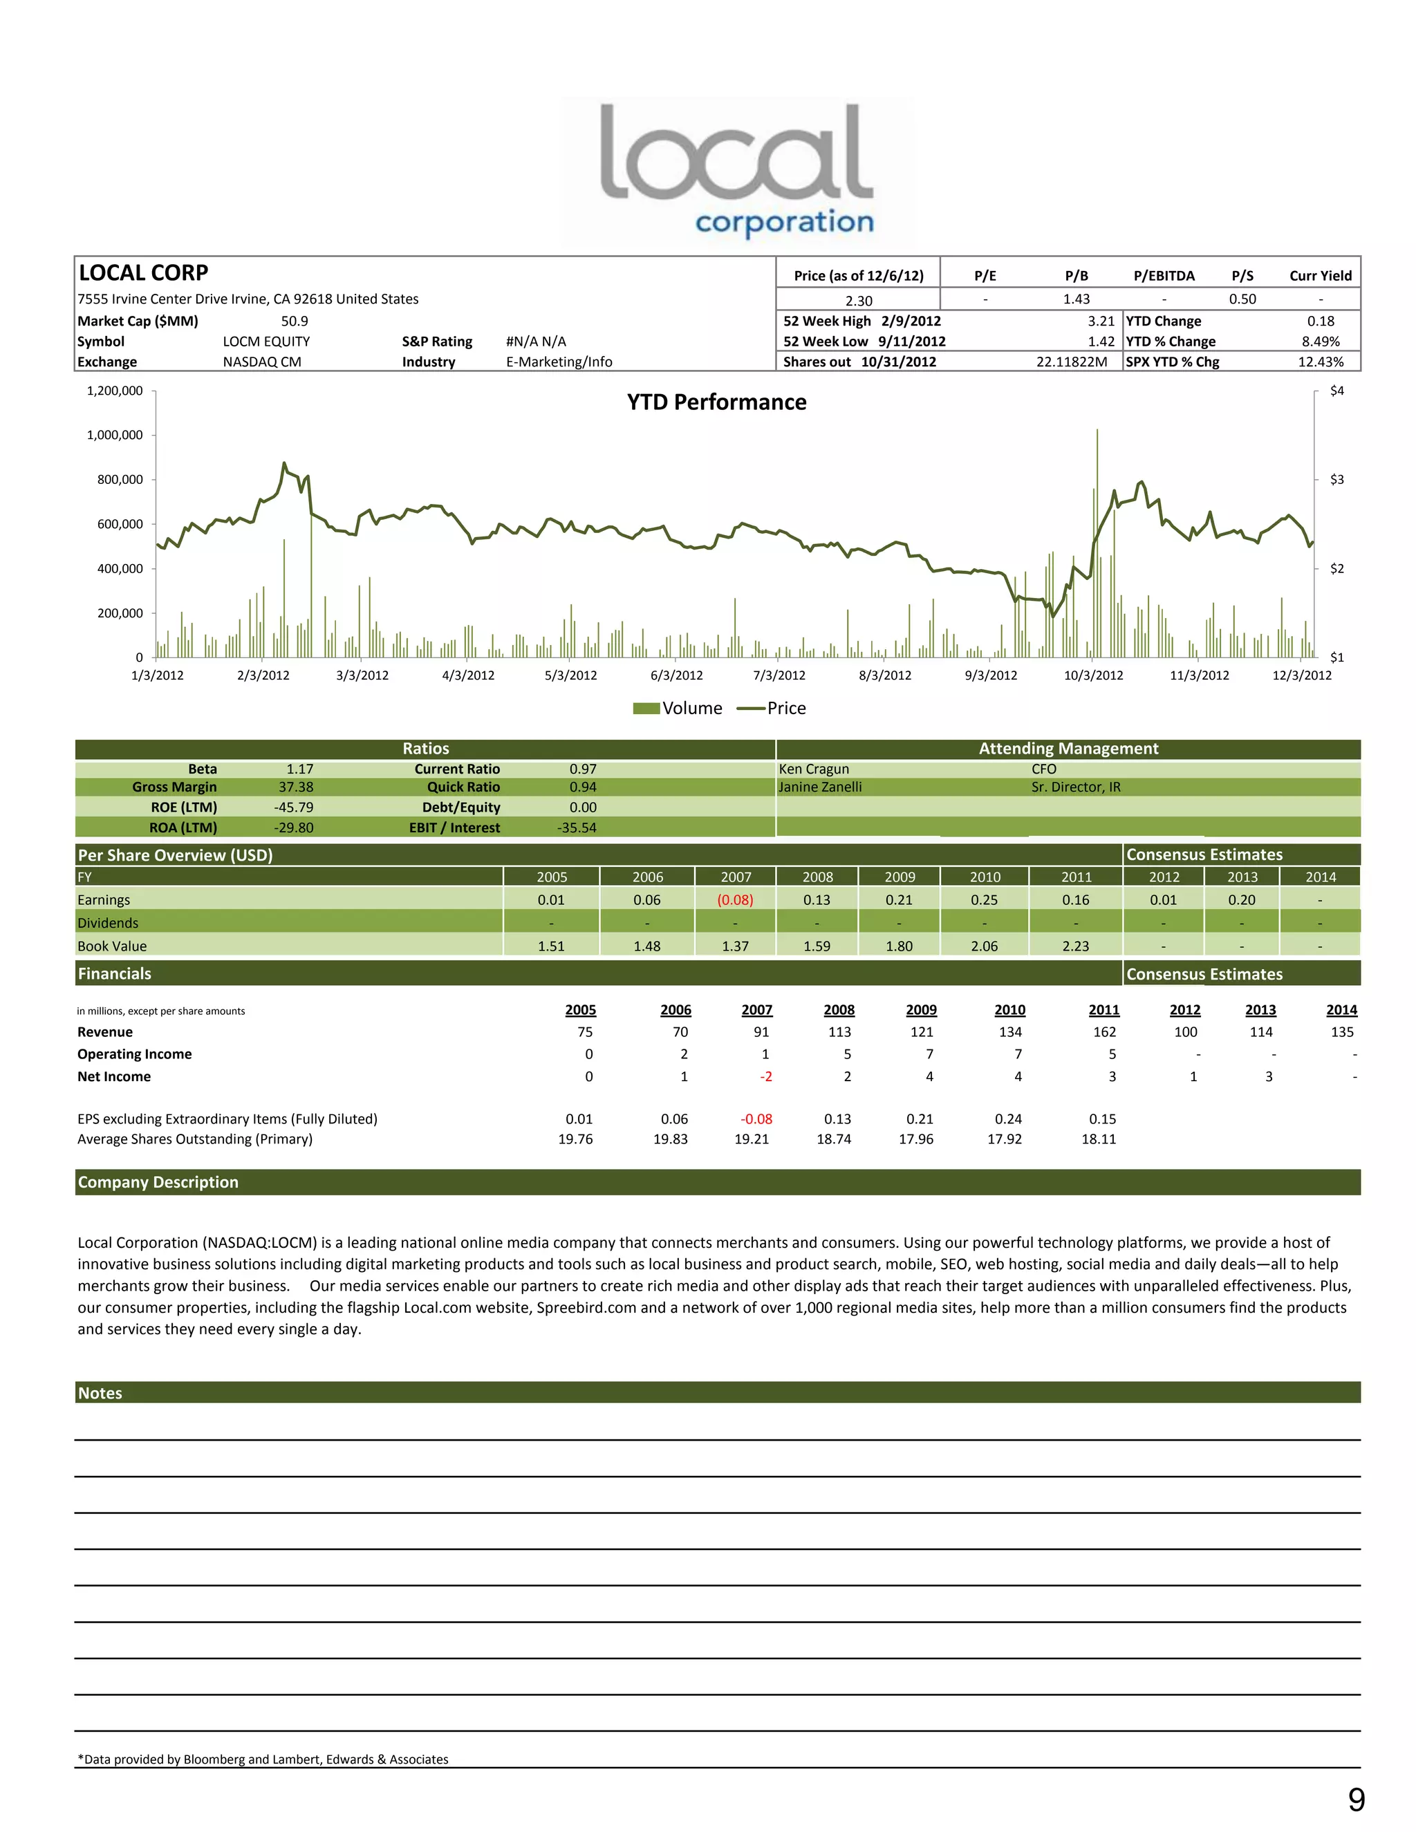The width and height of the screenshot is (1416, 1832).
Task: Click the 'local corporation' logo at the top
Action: (736, 170)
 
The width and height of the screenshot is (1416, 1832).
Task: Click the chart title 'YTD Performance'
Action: (716, 402)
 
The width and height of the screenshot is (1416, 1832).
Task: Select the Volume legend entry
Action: (678, 708)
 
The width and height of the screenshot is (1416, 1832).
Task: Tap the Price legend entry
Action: (771, 708)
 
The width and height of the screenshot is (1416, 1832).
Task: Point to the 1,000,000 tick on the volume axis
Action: (115, 436)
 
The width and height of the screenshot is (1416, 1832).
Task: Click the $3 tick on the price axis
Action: (1336, 480)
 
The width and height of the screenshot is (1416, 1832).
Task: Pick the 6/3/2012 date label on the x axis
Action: (676, 675)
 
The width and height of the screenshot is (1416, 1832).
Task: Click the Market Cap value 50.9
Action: (295, 321)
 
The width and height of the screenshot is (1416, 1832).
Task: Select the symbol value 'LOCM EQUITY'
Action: (266, 342)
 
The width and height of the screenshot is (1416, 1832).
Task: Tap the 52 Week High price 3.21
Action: (1101, 321)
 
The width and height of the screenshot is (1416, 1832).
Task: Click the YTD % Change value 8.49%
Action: (1321, 342)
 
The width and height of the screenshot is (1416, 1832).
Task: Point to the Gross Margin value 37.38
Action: (296, 787)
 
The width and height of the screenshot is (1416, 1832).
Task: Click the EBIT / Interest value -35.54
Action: (577, 828)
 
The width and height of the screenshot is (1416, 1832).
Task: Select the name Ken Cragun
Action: (814, 769)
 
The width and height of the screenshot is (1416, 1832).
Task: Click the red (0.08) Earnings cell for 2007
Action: (735, 900)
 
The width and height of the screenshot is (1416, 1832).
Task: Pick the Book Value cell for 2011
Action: (1075, 946)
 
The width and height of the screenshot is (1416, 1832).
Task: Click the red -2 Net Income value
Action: (766, 1076)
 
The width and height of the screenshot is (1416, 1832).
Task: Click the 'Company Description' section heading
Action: (158, 1182)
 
